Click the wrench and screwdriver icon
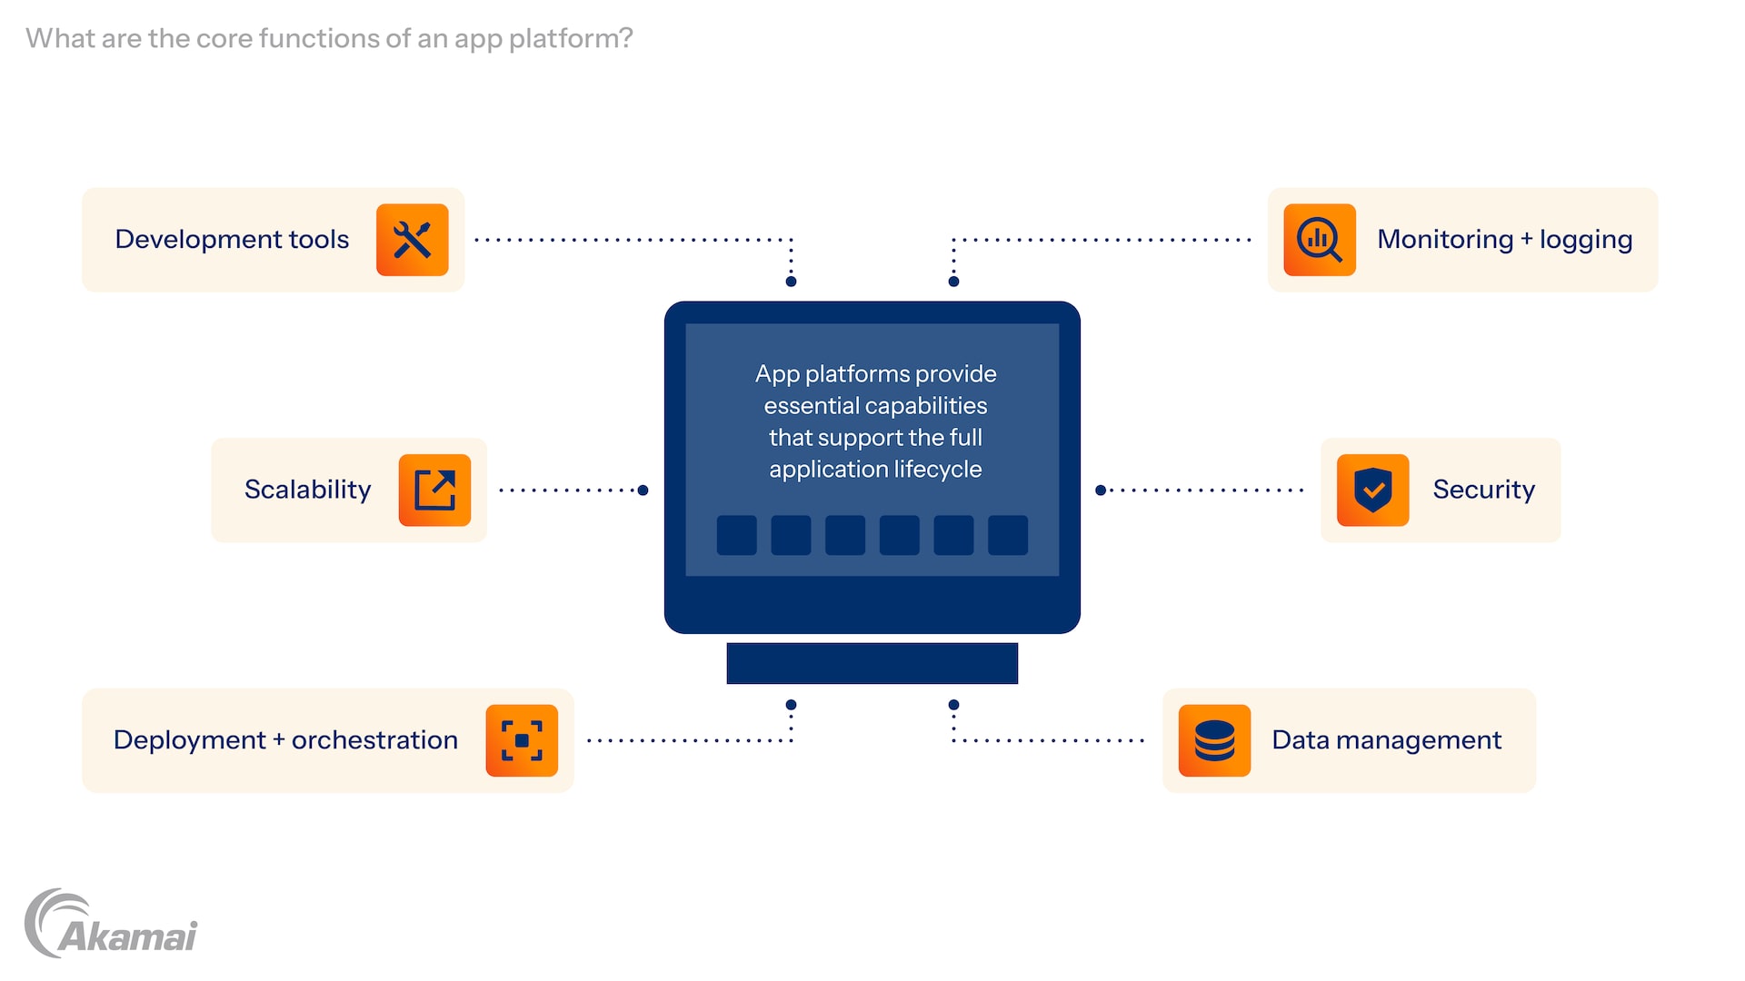[412, 240]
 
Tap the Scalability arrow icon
[434, 490]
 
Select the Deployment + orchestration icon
[522, 740]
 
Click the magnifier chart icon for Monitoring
[1319, 240]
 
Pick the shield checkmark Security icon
[1372, 490]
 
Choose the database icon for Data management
[1214, 740]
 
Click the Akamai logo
[111, 924]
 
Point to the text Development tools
[232, 239]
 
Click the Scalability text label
[307, 490]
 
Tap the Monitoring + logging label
[1504, 239]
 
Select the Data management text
[1386, 740]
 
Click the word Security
[1483, 490]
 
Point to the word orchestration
[374, 740]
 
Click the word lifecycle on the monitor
[937, 470]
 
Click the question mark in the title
[624, 38]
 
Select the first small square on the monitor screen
[736, 535]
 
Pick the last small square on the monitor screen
[1008, 535]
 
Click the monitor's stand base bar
[872, 663]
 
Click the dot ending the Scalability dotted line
[643, 490]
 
